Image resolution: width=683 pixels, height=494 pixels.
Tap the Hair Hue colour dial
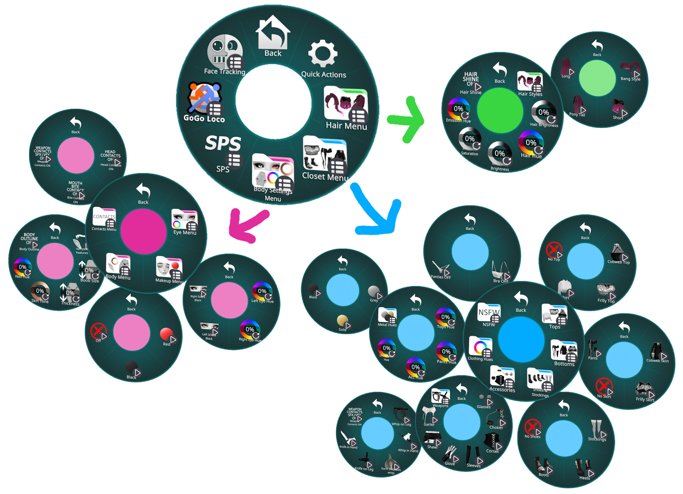tap(531, 143)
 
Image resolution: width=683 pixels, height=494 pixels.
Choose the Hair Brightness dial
tap(543, 112)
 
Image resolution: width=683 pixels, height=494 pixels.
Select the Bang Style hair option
tap(630, 69)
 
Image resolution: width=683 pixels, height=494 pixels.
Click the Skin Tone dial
tap(40, 291)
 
